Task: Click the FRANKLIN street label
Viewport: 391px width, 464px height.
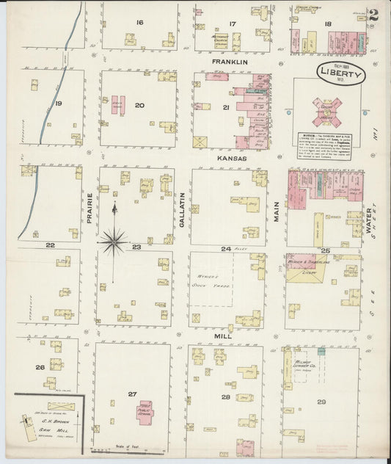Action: click(x=230, y=62)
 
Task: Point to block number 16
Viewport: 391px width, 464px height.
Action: click(x=139, y=23)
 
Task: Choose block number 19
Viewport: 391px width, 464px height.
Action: click(x=57, y=104)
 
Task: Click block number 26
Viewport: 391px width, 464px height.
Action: click(x=39, y=367)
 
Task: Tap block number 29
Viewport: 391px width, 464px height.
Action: click(x=321, y=402)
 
